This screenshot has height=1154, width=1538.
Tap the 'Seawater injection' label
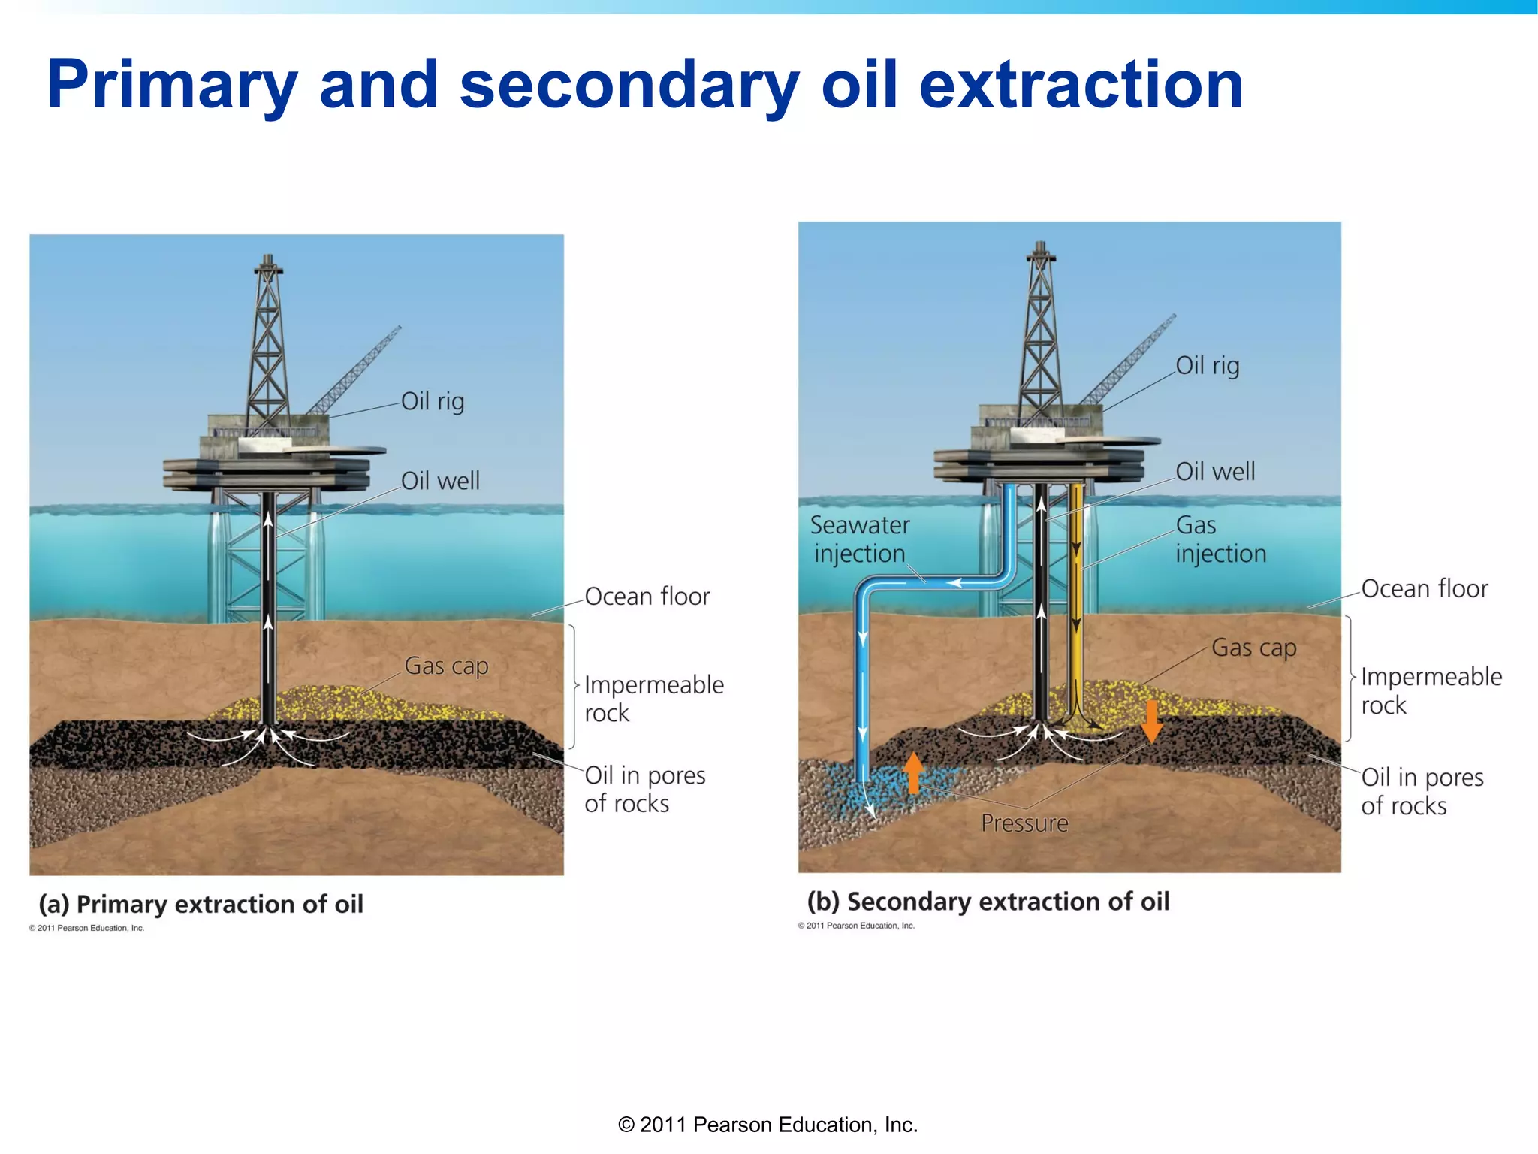[860, 539]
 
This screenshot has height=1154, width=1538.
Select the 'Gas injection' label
[1220, 539]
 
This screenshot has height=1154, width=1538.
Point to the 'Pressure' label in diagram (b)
[1024, 823]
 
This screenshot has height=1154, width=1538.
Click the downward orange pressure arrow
[1151, 721]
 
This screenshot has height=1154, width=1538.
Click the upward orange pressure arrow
[913, 772]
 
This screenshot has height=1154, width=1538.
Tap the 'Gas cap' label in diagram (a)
[446, 666]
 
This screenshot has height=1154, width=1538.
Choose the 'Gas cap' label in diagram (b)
[1253, 648]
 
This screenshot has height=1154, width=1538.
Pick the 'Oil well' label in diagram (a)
[440, 481]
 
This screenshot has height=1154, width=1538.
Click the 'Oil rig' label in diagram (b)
[1207, 366]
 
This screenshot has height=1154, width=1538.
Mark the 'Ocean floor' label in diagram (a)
[647, 597]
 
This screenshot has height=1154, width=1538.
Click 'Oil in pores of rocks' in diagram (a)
[644, 790]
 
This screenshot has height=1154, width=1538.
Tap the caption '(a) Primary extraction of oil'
[201, 904]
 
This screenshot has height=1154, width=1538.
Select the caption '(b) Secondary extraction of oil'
[988, 902]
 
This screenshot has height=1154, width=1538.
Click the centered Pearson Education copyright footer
[767, 1125]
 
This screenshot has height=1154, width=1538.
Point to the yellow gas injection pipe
[1077, 601]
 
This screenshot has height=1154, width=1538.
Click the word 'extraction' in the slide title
[1081, 86]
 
